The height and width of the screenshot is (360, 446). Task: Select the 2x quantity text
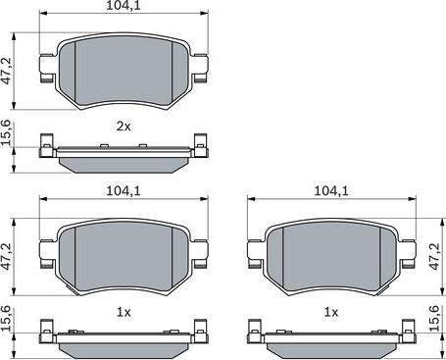pos(124,126)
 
